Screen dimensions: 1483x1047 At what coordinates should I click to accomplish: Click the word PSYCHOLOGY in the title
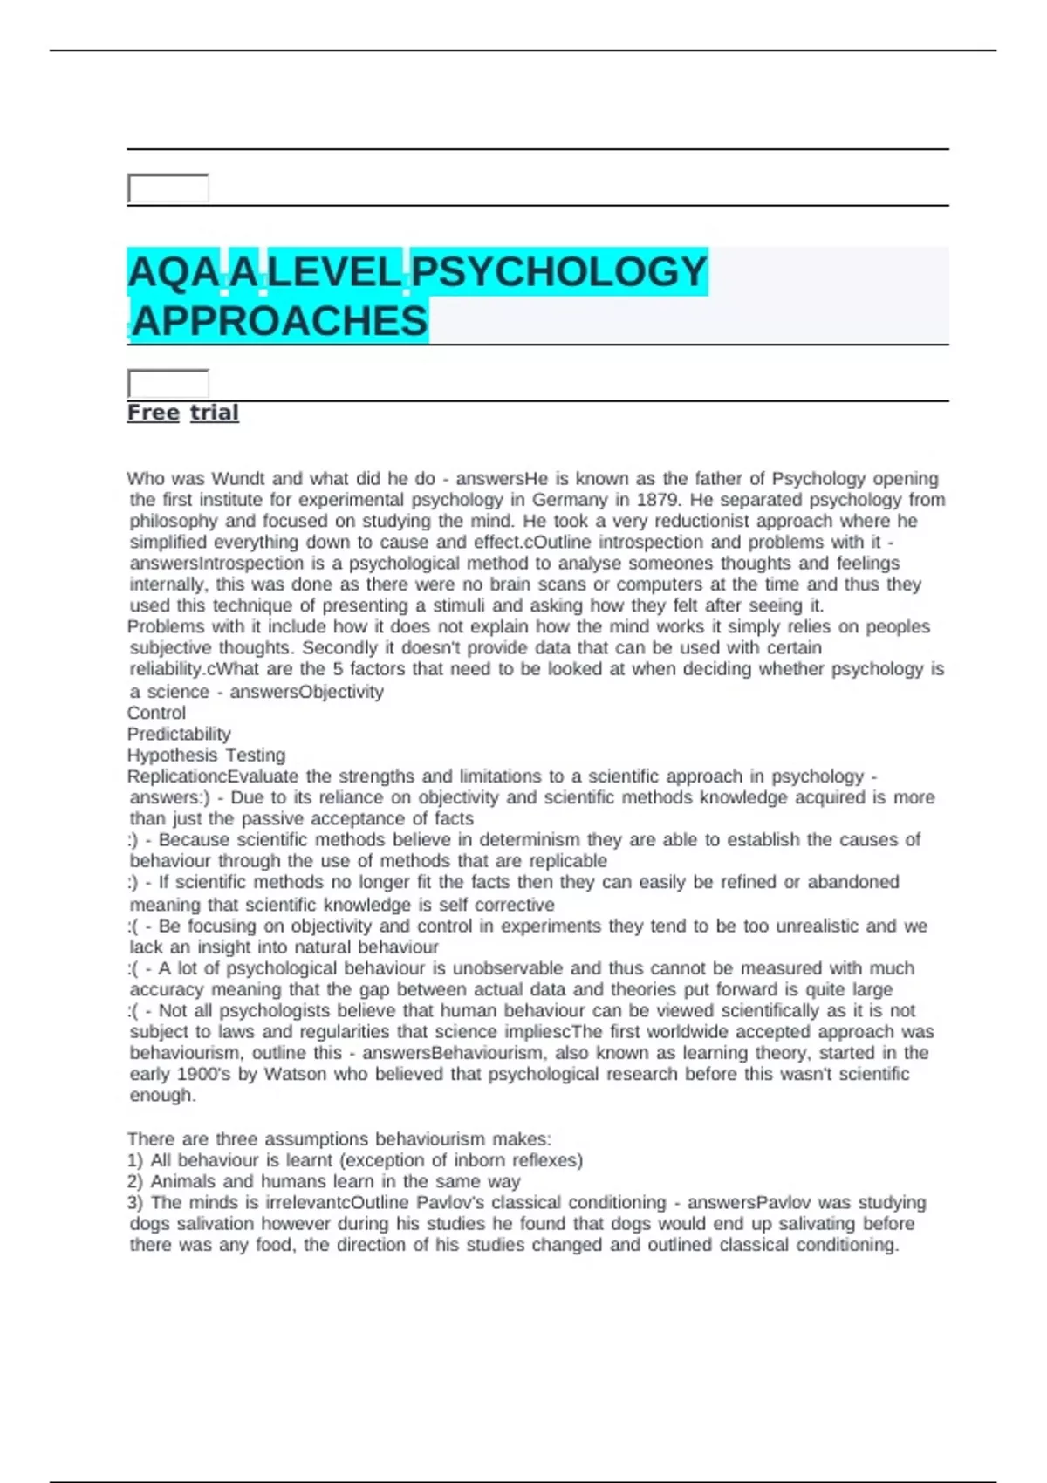pos(558,272)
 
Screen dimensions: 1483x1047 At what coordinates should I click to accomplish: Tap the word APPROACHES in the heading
pos(279,321)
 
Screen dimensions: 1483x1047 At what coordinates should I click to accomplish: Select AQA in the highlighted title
pos(173,272)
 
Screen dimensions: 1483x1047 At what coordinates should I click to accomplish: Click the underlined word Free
pos(154,413)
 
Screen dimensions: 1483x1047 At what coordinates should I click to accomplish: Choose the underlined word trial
pos(215,413)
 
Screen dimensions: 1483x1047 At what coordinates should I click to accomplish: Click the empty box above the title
pos(168,188)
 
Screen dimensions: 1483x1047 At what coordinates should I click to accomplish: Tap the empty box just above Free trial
pos(168,383)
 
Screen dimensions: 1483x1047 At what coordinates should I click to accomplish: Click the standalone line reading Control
pos(156,713)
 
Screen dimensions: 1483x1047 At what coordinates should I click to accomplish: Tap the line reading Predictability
pos(179,734)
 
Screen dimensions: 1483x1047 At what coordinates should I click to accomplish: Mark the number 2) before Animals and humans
pos(135,1181)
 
